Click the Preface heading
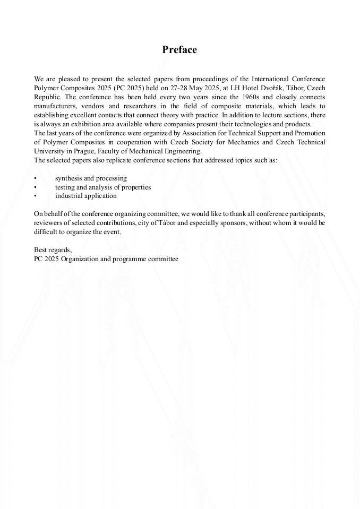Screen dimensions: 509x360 [x=179, y=50]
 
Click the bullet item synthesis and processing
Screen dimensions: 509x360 [x=91, y=178]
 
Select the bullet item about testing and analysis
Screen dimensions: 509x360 [x=103, y=187]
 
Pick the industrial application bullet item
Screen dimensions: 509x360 [x=86, y=196]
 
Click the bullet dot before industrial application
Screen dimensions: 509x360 [x=35, y=196]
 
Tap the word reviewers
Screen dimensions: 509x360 [x=49, y=223]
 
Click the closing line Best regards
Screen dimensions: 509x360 [x=53, y=249]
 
